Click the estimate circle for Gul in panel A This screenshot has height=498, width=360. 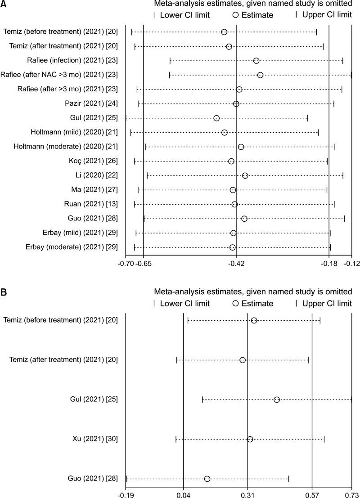tap(216, 118)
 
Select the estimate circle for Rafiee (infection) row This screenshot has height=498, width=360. tap(256, 61)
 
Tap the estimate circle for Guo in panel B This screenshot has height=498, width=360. tap(207, 479)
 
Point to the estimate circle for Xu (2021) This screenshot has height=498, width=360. tap(250, 439)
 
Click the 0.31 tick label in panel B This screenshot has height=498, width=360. tap(247, 494)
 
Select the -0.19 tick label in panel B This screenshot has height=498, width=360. tap(126, 494)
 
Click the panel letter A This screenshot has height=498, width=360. tap(4, 4)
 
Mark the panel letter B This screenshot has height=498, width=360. tap(4, 292)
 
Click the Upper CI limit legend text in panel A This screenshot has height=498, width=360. tap(327, 15)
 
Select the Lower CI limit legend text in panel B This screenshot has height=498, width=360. tap(184, 304)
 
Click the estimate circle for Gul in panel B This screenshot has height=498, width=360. tap(277, 400)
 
